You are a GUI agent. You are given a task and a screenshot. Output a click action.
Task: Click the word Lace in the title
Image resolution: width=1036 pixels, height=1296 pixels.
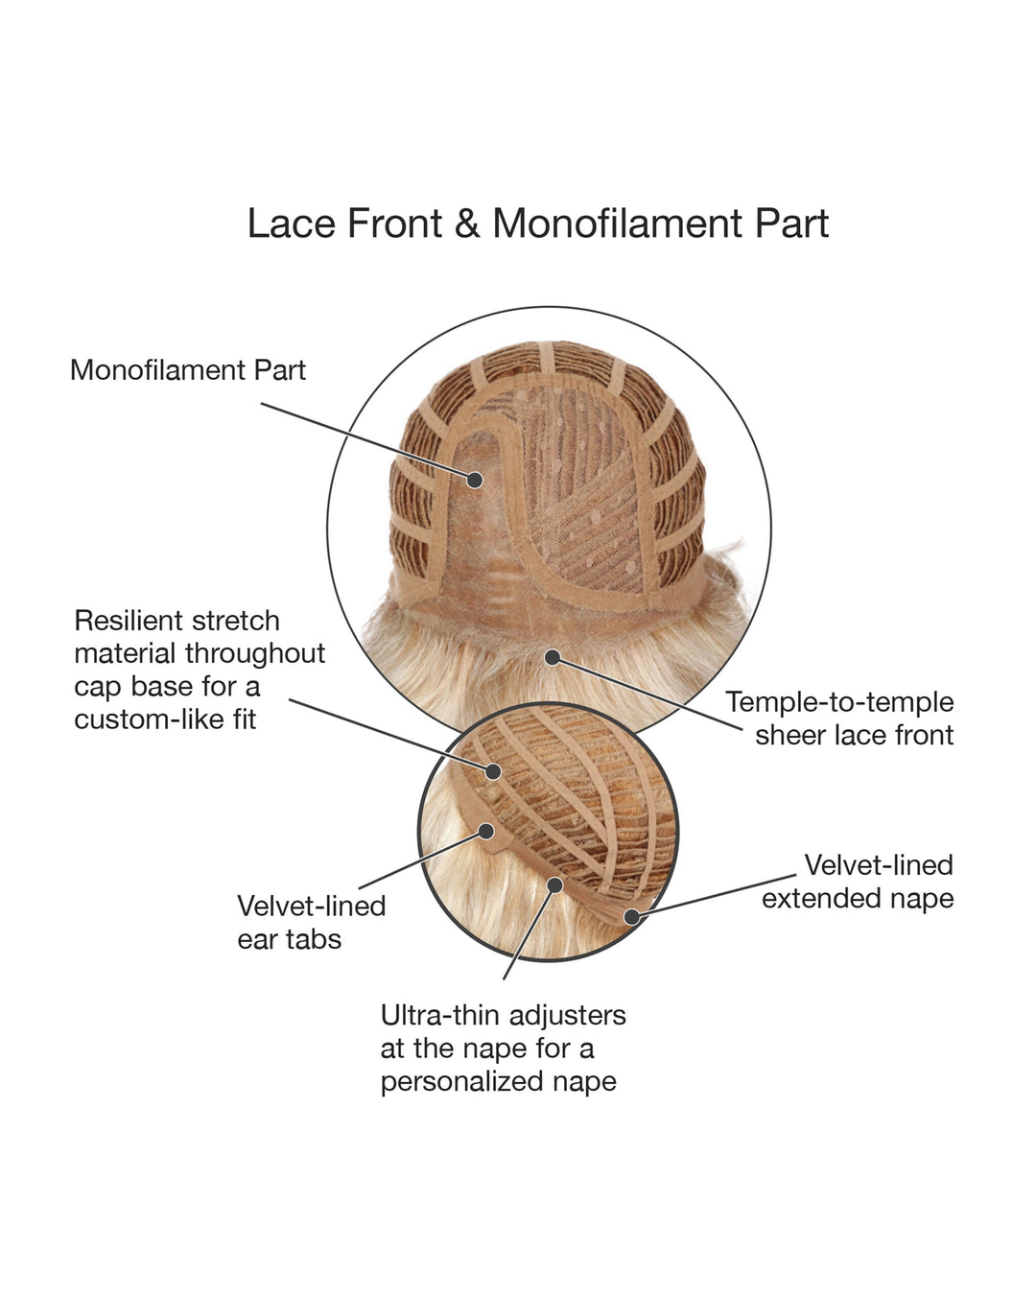pyautogui.click(x=291, y=224)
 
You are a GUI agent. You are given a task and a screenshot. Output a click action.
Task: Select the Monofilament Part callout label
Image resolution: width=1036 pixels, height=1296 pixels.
pyautogui.click(x=188, y=370)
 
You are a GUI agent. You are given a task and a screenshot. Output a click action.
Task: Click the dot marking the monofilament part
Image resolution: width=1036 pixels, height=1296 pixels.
pyautogui.click(x=475, y=479)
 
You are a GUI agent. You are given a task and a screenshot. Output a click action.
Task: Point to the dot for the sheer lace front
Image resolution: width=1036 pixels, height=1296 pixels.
pyautogui.click(x=552, y=657)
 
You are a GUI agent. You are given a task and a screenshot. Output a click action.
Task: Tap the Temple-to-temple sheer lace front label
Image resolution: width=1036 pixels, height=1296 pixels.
pyautogui.click(x=840, y=719)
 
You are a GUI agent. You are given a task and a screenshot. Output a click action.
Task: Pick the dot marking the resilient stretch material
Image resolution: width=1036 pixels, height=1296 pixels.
pyautogui.click(x=494, y=770)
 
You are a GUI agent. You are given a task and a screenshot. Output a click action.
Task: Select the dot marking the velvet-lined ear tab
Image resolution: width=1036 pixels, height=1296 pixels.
pyautogui.click(x=486, y=832)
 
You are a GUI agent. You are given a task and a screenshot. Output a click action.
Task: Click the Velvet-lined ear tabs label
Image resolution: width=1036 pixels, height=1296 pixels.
pyautogui.click(x=311, y=922)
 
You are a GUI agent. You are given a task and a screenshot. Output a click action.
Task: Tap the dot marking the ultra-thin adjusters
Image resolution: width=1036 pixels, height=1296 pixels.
pyautogui.click(x=553, y=884)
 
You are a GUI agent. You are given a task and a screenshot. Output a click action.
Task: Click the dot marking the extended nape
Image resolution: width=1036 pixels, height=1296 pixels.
pyautogui.click(x=631, y=916)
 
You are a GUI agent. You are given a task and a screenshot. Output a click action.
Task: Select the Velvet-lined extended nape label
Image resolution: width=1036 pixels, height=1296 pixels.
pyautogui.click(x=858, y=882)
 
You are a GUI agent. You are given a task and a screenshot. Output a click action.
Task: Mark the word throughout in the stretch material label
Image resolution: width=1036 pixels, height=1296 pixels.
pyautogui.click(x=255, y=654)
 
